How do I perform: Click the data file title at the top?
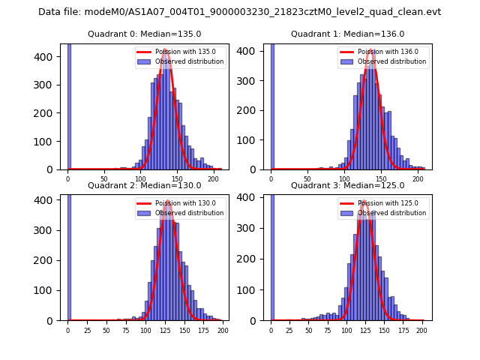(x=239, y=12)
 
